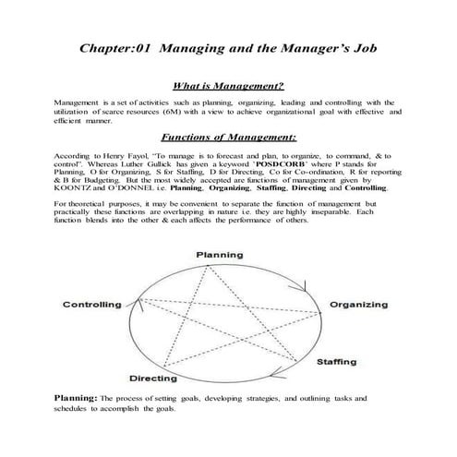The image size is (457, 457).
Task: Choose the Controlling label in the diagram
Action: (x=92, y=304)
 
